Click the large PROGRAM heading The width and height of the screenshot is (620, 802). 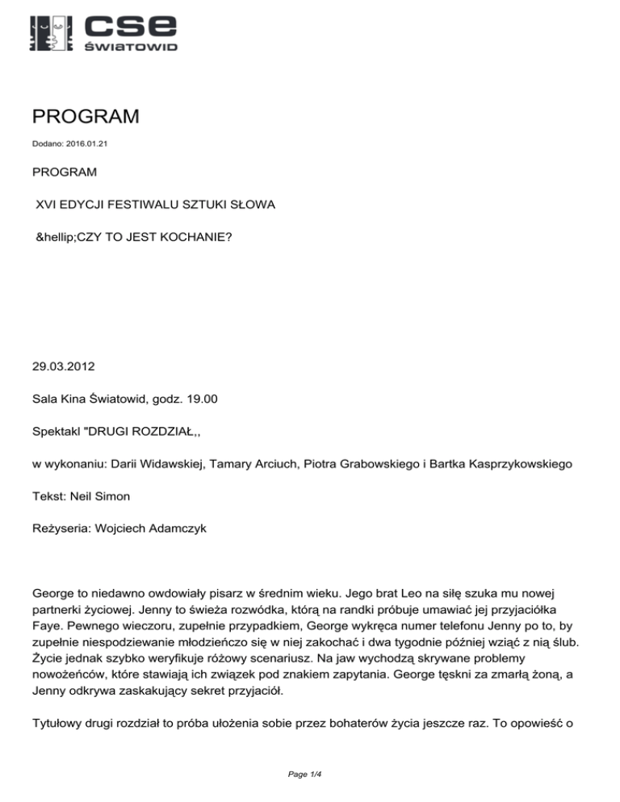tap(86, 118)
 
